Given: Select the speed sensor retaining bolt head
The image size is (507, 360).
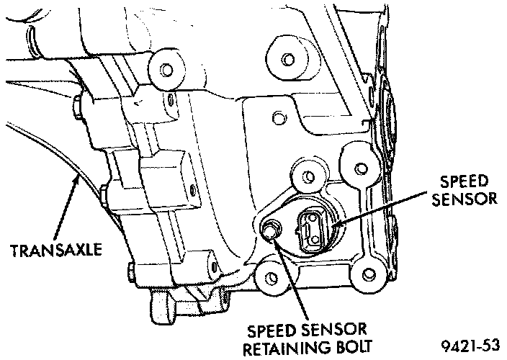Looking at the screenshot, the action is pos(270,230).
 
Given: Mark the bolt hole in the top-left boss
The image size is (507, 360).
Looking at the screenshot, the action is pos(166,69).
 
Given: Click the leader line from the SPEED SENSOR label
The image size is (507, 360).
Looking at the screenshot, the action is pos(382,209).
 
